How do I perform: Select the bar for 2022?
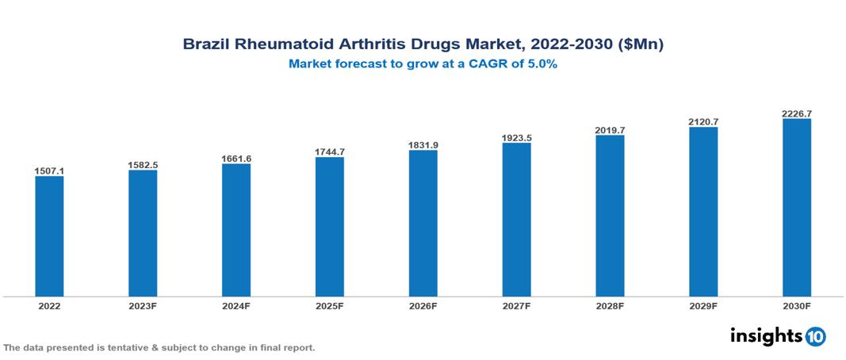click(x=49, y=236)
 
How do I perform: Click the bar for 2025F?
click(x=329, y=227)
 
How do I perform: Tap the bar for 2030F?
click(x=796, y=208)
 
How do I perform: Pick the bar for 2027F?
click(x=516, y=220)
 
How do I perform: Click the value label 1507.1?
click(x=49, y=170)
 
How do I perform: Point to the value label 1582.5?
click(x=143, y=164)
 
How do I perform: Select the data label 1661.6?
click(x=236, y=159)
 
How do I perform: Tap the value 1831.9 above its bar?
click(x=423, y=144)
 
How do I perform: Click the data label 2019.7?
click(x=610, y=129)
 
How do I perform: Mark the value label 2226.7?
click(x=796, y=113)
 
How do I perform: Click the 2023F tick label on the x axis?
click(x=143, y=305)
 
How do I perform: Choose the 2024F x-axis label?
click(x=236, y=305)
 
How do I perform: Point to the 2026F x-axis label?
click(x=423, y=305)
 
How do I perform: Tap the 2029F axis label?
click(x=703, y=305)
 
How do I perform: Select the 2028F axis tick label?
click(x=610, y=305)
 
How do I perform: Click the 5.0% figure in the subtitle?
click(x=540, y=65)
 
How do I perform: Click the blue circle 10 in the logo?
click(x=815, y=336)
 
